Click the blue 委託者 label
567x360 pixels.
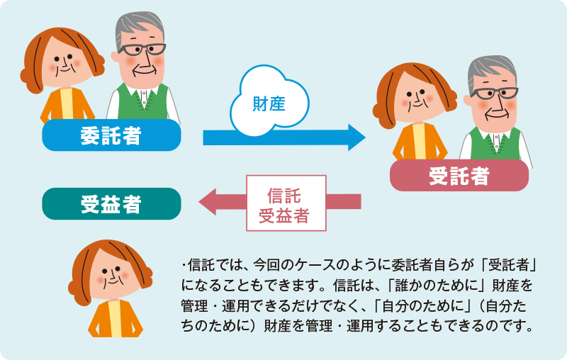[111, 135]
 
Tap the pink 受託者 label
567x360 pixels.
[459, 176]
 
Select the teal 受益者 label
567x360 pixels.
[111, 204]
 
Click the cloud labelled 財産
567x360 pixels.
[269, 101]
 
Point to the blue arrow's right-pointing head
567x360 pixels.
[357, 137]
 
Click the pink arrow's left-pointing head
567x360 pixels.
[207, 201]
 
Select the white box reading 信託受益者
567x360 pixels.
[286, 203]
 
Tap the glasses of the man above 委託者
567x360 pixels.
[142, 49]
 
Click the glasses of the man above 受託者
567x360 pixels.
[494, 94]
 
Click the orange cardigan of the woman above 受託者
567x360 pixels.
[420, 142]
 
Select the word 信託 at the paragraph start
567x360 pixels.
[198, 265]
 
